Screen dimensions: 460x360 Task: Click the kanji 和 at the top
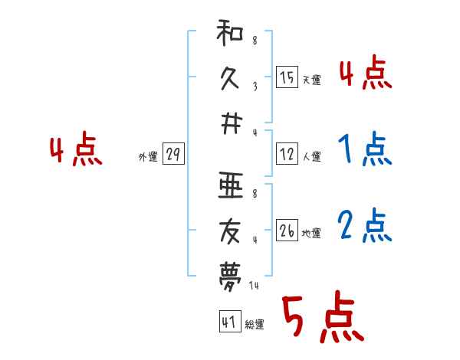(230, 32)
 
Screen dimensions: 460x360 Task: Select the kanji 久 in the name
(230, 78)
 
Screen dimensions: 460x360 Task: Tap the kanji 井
(231, 124)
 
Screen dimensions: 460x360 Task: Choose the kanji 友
(230, 231)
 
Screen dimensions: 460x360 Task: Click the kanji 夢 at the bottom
(230, 277)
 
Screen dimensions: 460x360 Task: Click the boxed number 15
(287, 77)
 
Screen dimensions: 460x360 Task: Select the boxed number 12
(287, 154)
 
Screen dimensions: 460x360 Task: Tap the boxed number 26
(287, 230)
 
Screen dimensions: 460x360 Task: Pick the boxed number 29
(173, 154)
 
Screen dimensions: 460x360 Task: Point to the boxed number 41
(230, 321)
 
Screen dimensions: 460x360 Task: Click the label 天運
(312, 80)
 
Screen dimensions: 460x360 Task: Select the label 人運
(312, 156)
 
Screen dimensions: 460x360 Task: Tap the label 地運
(311, 234)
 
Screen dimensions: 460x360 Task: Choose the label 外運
(148, 157)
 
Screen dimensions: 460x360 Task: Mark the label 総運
(255, 324)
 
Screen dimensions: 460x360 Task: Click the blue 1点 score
(365, 149)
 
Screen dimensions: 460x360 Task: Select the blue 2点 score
(365, 225)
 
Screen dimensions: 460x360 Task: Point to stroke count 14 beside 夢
(254, 285)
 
